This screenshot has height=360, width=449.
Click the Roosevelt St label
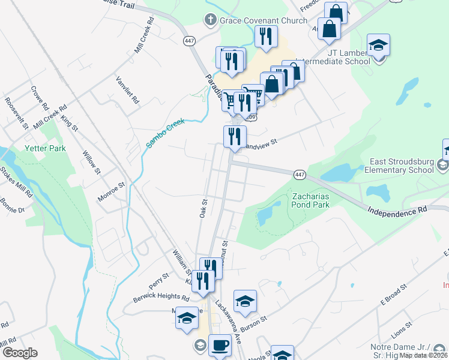16,113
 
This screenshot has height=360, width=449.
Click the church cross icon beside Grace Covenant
210,20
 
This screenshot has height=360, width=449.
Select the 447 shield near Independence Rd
301,174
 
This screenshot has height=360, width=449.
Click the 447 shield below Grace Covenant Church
190,41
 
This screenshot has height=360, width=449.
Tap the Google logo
20,353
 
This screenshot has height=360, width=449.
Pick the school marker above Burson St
245,301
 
